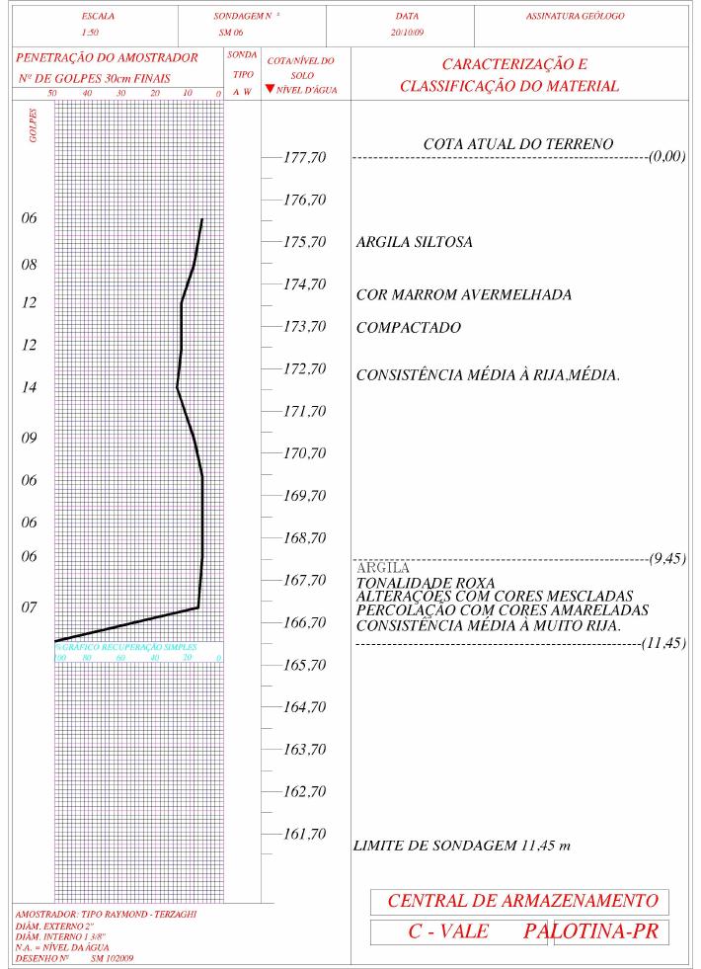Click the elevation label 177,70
304,158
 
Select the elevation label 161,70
304,835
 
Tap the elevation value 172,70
304,369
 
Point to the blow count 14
30,388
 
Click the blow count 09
30,439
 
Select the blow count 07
30,607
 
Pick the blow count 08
30,265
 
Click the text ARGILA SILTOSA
414,242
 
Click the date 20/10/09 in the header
407,32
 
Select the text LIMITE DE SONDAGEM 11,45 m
462,847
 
